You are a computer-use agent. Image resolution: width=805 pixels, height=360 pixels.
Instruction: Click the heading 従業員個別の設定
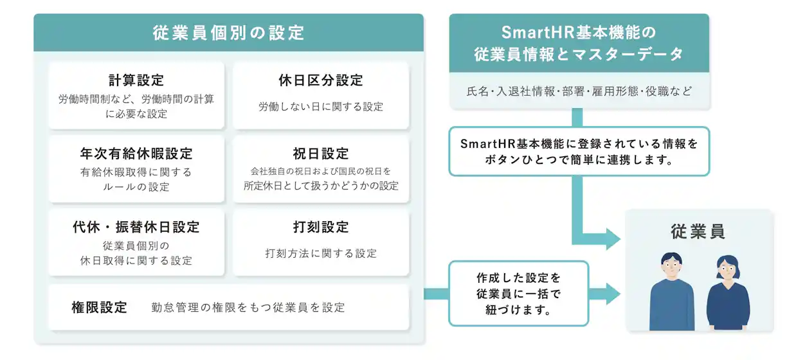[228, 33]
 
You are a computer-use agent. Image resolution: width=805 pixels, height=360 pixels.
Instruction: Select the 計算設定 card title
[136, 80]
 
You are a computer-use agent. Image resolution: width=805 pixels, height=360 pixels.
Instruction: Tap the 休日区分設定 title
[320, 80]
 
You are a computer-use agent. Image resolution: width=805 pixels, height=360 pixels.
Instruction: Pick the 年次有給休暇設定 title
[136, 154]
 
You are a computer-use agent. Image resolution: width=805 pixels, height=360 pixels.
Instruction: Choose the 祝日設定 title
[320, 154]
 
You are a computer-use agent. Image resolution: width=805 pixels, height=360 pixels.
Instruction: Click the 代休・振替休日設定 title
[136, 227]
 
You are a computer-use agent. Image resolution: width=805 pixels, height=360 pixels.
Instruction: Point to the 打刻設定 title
[320, 227]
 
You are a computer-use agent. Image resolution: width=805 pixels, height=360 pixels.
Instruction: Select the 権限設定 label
[99, 307]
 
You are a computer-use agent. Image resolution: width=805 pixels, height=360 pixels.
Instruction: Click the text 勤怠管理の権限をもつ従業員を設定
[248, 308]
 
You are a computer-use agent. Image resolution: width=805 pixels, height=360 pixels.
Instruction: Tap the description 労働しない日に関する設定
[320, 107]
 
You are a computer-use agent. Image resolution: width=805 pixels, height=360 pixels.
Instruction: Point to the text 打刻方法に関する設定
[320, 253]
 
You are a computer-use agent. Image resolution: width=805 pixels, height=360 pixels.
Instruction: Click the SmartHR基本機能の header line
[578, 33]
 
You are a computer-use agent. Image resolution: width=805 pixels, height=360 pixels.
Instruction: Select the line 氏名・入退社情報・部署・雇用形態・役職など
[579, 91]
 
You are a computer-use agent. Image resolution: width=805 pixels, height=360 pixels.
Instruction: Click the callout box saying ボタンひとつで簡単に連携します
[579, 152]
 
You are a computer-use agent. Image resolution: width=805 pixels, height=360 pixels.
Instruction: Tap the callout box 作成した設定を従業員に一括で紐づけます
[518, 293]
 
